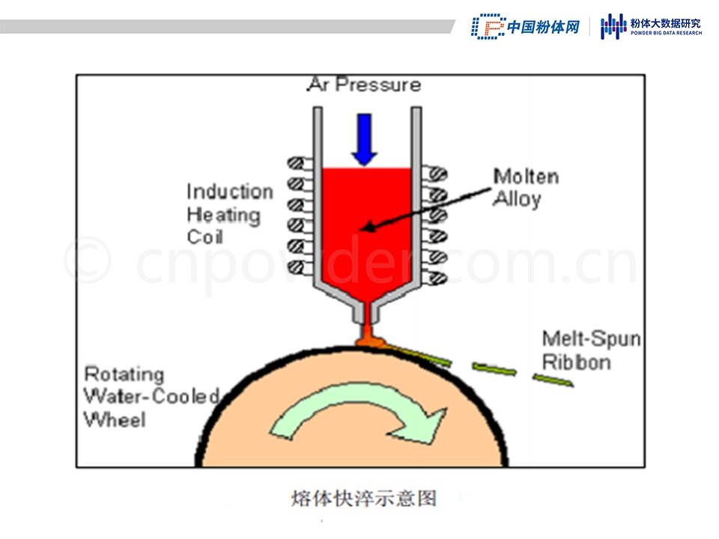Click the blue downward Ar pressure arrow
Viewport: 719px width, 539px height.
click(x=365, y=138)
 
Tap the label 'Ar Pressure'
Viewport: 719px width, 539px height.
click(x=364, y=85)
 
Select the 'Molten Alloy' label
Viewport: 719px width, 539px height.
click(x=525, y=188)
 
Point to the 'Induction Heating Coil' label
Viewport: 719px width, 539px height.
click(x=228, y=214)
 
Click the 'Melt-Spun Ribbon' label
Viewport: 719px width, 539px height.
click(x=591, y=350)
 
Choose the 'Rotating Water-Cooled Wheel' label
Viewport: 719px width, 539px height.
click(x=151, y=396)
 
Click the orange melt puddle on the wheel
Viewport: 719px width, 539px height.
click(x=370, y=340)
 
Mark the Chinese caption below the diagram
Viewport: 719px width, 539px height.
click(x=363, y=498)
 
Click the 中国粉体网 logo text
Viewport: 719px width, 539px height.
click(x=544, y=27)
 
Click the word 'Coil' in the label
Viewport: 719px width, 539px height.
click(x=204, y=237)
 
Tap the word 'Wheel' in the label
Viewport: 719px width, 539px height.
click(x=115, y=419)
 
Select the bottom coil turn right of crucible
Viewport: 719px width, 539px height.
click(x=435, y=278)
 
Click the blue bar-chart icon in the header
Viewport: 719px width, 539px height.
click(x=613, y=27)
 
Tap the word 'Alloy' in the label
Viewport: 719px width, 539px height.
click(x=517, y=199)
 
